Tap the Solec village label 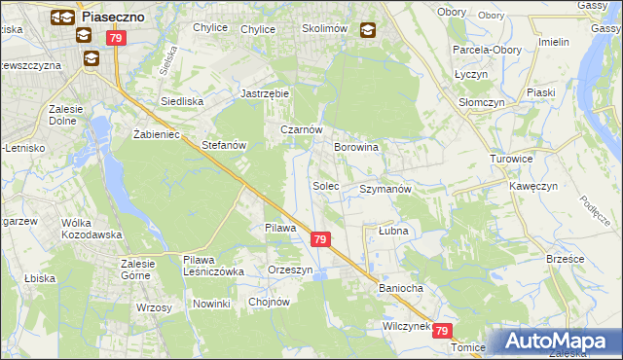[325, 185]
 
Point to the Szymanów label [386, 189]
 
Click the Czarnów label [301, 129]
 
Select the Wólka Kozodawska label [91, 229]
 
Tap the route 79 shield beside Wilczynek [443, 331]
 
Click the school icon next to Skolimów [367, 30]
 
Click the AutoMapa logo [558, 341]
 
